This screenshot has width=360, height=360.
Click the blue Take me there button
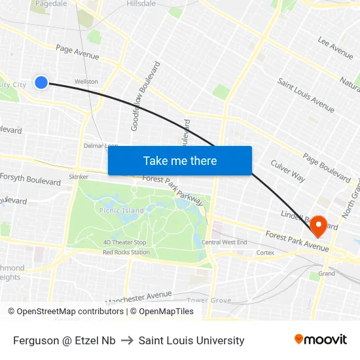180,161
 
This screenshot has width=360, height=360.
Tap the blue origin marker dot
41,82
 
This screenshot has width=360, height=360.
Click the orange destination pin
319,226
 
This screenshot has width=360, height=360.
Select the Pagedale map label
51,3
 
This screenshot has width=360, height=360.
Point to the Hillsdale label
141,3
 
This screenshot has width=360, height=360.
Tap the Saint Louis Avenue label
306,95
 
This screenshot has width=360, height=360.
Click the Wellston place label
86,82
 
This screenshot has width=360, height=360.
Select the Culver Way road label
288,171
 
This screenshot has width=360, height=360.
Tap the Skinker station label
79,177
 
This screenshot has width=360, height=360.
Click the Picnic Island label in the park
122,211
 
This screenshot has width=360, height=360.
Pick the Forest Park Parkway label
173,187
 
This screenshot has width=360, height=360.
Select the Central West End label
225,242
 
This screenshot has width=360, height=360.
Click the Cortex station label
265,252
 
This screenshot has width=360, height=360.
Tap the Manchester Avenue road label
138,298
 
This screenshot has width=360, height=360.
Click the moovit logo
321,340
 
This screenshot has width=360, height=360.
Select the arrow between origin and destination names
127,340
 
